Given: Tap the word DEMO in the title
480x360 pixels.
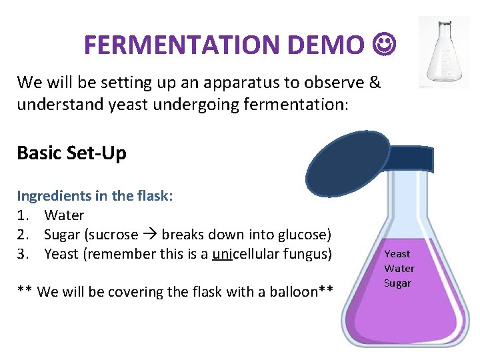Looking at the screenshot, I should pos(326,45).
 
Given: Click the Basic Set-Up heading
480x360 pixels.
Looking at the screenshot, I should pos(71,153).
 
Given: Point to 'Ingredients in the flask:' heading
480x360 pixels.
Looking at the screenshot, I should pos(95,196).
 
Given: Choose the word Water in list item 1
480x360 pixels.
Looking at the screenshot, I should pos(64,215).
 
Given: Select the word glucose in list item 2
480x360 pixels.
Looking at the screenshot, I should pos(304,235).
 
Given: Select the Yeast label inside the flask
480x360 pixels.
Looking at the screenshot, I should pos(397,253).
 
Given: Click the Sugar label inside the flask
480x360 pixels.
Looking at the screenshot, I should pos(397,283).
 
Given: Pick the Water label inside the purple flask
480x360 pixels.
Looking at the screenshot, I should pos(399,268).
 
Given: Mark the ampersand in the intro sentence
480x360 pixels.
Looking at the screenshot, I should pos(374,83).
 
